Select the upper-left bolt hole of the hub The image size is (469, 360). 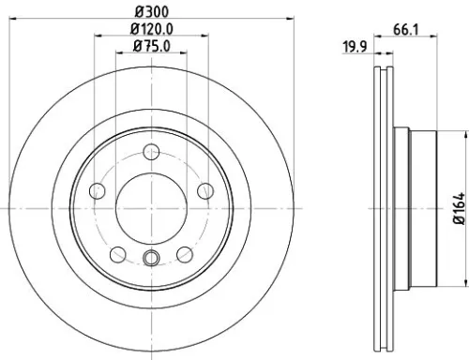[x=98, y=193]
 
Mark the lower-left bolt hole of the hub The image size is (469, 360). [x=117, y=255]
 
